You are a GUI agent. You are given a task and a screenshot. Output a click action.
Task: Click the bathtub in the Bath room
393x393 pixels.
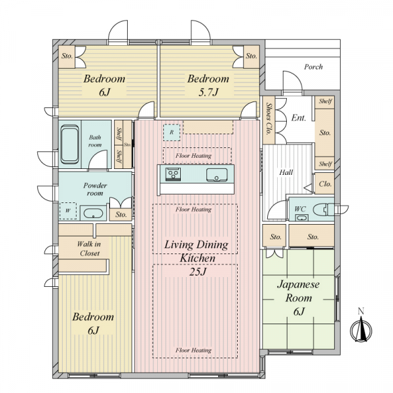click(69, 144)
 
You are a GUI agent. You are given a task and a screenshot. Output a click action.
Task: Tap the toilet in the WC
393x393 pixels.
click(324, 209)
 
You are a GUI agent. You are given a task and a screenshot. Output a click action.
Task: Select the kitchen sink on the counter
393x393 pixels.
click(217, 175)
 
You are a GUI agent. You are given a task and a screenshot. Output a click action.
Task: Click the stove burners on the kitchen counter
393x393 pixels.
click(173, 174)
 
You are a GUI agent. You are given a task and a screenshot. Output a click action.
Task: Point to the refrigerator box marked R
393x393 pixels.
click(172, 132)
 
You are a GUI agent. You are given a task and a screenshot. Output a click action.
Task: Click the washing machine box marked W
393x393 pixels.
click(68, 210)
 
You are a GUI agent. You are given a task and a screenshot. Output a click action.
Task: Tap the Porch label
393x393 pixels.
click(313, 67)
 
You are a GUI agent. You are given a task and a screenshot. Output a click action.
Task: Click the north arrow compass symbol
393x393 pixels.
click(361, 329)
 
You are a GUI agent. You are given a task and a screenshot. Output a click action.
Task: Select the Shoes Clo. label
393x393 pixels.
click(269, 119)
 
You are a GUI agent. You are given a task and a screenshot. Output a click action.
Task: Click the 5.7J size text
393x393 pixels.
click(208, 92)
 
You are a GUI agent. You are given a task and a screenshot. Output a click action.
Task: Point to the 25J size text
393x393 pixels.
click(198, 272)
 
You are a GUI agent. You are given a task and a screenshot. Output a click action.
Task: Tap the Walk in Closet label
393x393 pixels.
click(89, 248)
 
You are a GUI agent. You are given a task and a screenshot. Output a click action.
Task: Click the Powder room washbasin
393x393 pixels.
click(93, 214)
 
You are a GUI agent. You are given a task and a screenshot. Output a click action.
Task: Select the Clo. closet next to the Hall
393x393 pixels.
click(325, 183)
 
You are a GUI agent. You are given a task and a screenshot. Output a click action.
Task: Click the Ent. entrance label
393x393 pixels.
click(299, 118)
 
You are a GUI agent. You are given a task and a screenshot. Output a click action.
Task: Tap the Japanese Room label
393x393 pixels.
click(299, 291)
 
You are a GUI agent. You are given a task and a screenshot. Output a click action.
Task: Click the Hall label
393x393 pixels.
click(286, 172)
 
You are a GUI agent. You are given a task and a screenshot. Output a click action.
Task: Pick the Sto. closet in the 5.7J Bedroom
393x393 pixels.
click(252, 56)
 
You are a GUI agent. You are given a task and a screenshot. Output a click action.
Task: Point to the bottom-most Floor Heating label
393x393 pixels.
click(193, 350)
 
